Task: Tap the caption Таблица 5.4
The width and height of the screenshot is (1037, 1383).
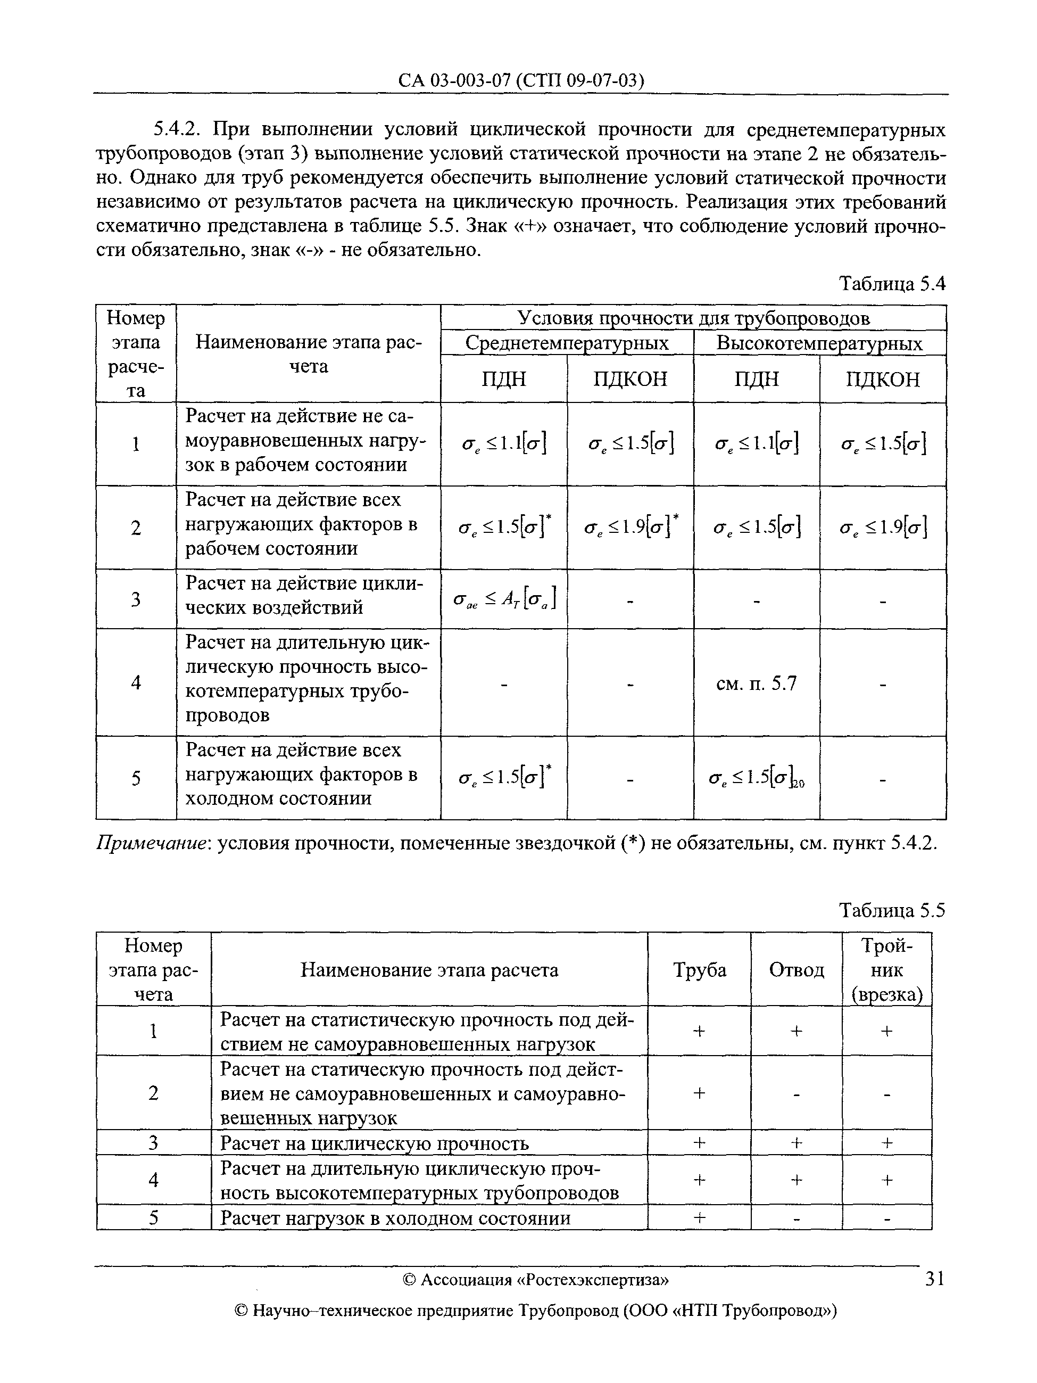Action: pos(891,284)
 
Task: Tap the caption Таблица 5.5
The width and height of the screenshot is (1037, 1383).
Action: pos(891,910)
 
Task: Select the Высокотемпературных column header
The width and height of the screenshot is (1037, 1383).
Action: pos(819,343)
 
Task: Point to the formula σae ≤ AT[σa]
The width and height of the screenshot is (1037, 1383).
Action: pos(503,599)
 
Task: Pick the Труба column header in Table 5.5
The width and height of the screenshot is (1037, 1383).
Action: pos(699,970)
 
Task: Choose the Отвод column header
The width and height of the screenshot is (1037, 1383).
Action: pos(796,970)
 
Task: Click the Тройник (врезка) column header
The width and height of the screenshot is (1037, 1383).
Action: pos(886,970)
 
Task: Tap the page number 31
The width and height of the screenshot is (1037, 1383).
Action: pos(934,1279)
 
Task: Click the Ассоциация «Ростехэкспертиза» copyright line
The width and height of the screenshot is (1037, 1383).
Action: pos(536,1280)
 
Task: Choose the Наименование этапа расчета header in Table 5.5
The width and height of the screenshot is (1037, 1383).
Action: pos(429,970)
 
